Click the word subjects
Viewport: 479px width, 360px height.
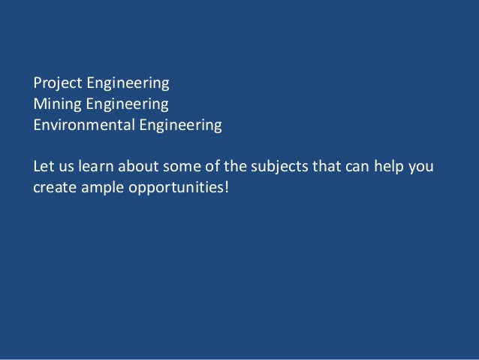(x=268, y=165)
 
